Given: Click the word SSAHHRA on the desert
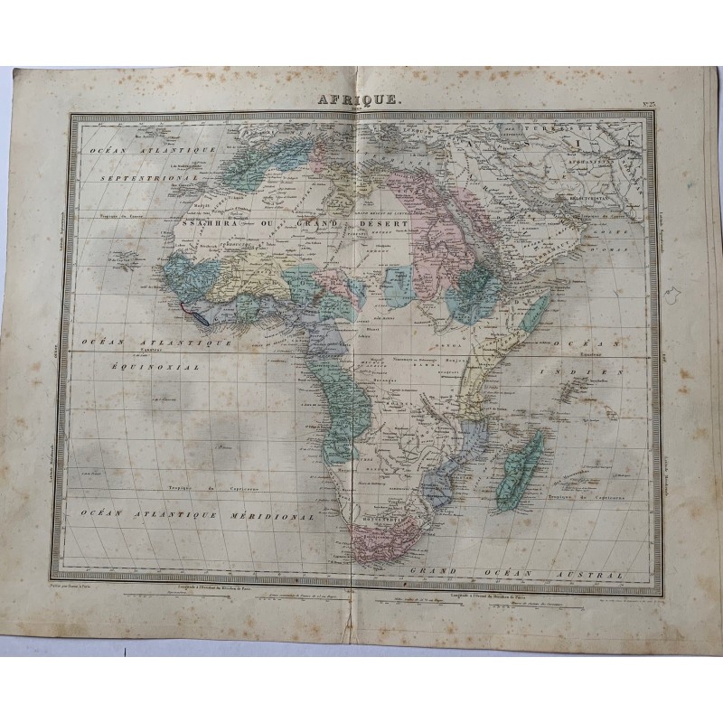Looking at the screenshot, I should pos(209,221).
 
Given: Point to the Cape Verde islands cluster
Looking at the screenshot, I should pos(126,260).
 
